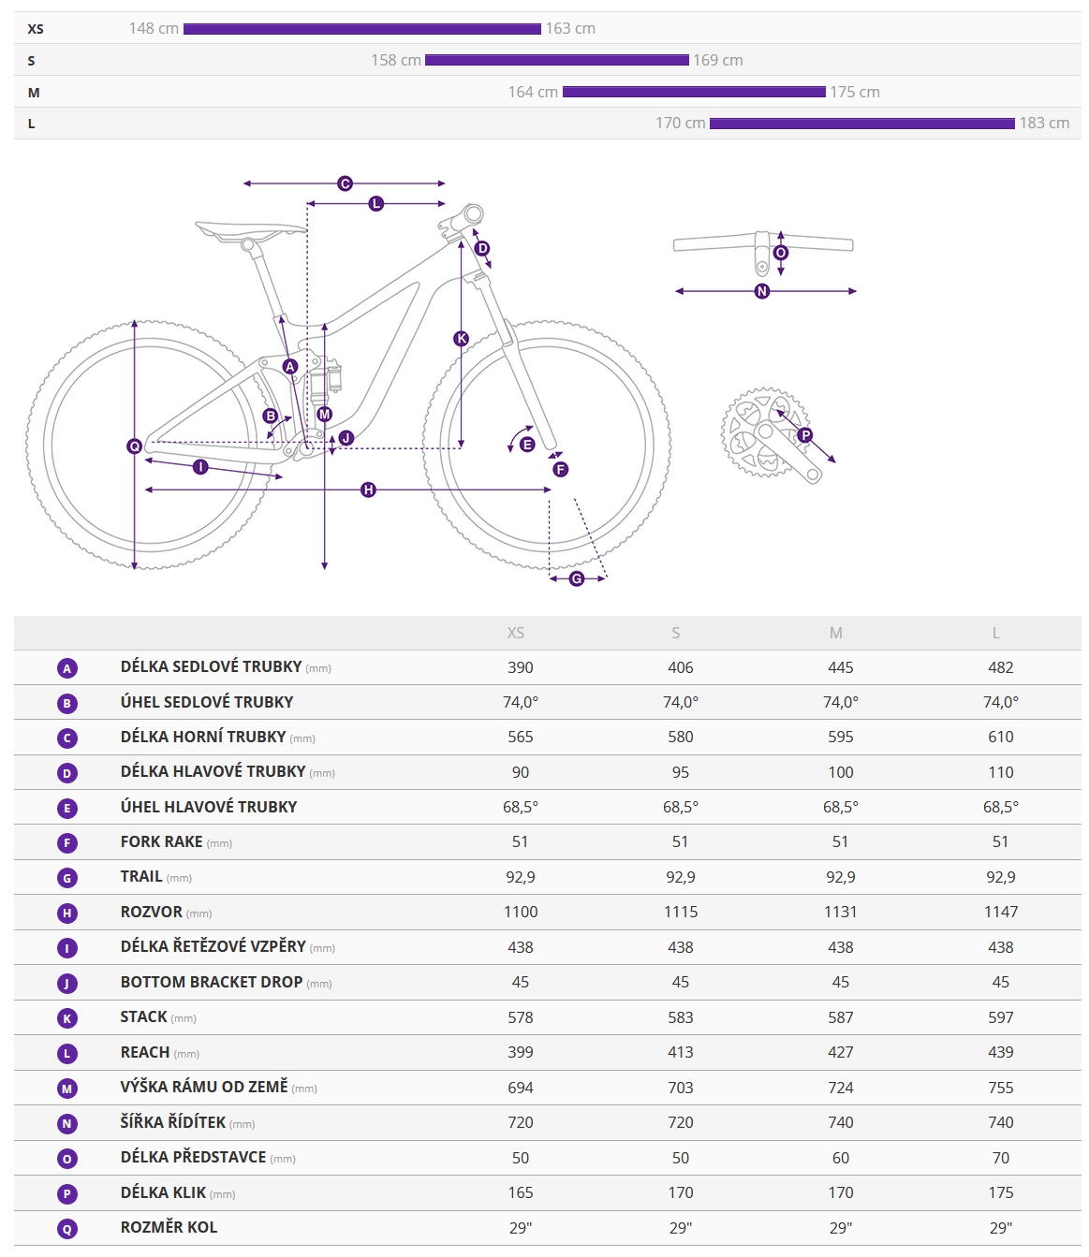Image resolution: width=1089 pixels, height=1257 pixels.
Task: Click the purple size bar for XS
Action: pyautogui.click(x=361, y=29)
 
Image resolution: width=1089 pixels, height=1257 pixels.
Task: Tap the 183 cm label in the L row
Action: pyautogui.click(x=1044, y=124)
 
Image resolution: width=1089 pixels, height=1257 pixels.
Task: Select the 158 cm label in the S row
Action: pyautogui.click(x=396, y=61)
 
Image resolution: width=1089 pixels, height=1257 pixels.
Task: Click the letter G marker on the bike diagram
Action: pyautogui.click(x=577, y=579)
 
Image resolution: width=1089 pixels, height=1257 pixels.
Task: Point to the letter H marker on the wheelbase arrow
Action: pyautogui.click(x=368, y=490)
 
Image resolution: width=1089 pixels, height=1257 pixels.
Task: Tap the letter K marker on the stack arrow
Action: pyautogui.click(x=461, y=339)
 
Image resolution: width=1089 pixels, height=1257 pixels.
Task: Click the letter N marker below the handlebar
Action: pyautogui.click(x=762, y=292)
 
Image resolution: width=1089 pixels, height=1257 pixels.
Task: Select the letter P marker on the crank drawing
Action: pyautogui.click(x=805, y=435)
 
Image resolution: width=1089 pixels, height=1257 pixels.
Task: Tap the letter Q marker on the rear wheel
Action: pyautogui.click(x=134, y=446)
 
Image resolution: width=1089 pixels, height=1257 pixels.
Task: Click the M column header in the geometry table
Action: pyautogui.click(x=836, y=633)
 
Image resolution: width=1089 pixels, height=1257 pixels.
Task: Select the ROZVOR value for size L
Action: pyautogui.click(x=1000, y=912)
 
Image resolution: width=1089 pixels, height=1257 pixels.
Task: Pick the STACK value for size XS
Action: pyautogui.click(x=521, y=1017)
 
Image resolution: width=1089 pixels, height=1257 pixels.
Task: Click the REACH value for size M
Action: pyautogui.click(x=840, y=1052)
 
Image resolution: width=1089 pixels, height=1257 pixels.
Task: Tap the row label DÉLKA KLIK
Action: pyautogui.click(x=164, y=1192)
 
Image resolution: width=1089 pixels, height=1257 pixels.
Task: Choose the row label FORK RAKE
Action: pyautogui.click(x=162, y=841)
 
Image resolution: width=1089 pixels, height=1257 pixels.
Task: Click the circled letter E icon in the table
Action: pyautogui.click(x=67, y=808)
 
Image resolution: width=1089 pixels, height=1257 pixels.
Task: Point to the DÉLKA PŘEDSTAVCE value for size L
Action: pyautogui.click(x=1000, y=1158)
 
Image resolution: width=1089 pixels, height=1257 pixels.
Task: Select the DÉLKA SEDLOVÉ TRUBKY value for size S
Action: pyautogui.click(x=681, y=667)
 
